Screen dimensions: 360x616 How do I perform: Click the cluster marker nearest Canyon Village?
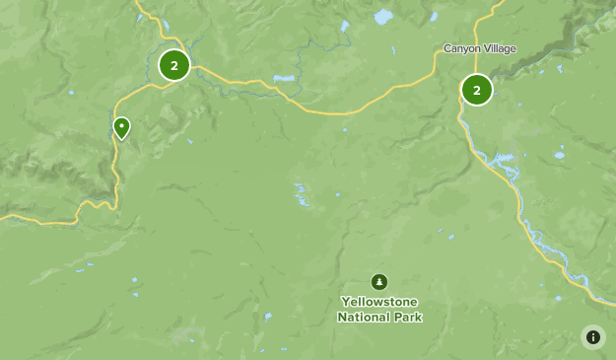[x=477, y=90]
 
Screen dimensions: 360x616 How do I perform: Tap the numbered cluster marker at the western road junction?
[x=174, y=66]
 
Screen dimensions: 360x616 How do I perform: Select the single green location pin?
[x=121, y=127]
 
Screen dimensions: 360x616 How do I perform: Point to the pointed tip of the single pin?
[x=121, y=140]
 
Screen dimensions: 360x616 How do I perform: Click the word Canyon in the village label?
[x=461, y=48]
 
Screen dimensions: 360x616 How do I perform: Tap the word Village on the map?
[x=499, y=48]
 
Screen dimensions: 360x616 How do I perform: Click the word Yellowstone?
[x=380, y=302]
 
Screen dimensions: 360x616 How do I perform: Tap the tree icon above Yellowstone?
[x=380, y=282]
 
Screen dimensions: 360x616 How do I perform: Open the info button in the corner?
[x=592, y=336]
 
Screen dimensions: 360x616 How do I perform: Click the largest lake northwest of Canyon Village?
[x=382, y=17]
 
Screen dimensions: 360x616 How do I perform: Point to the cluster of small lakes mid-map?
[x=301, y=194]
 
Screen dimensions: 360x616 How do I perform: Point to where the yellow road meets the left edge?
[x=3, y=216]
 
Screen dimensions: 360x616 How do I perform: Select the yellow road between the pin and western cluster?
[x=138, y=94]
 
